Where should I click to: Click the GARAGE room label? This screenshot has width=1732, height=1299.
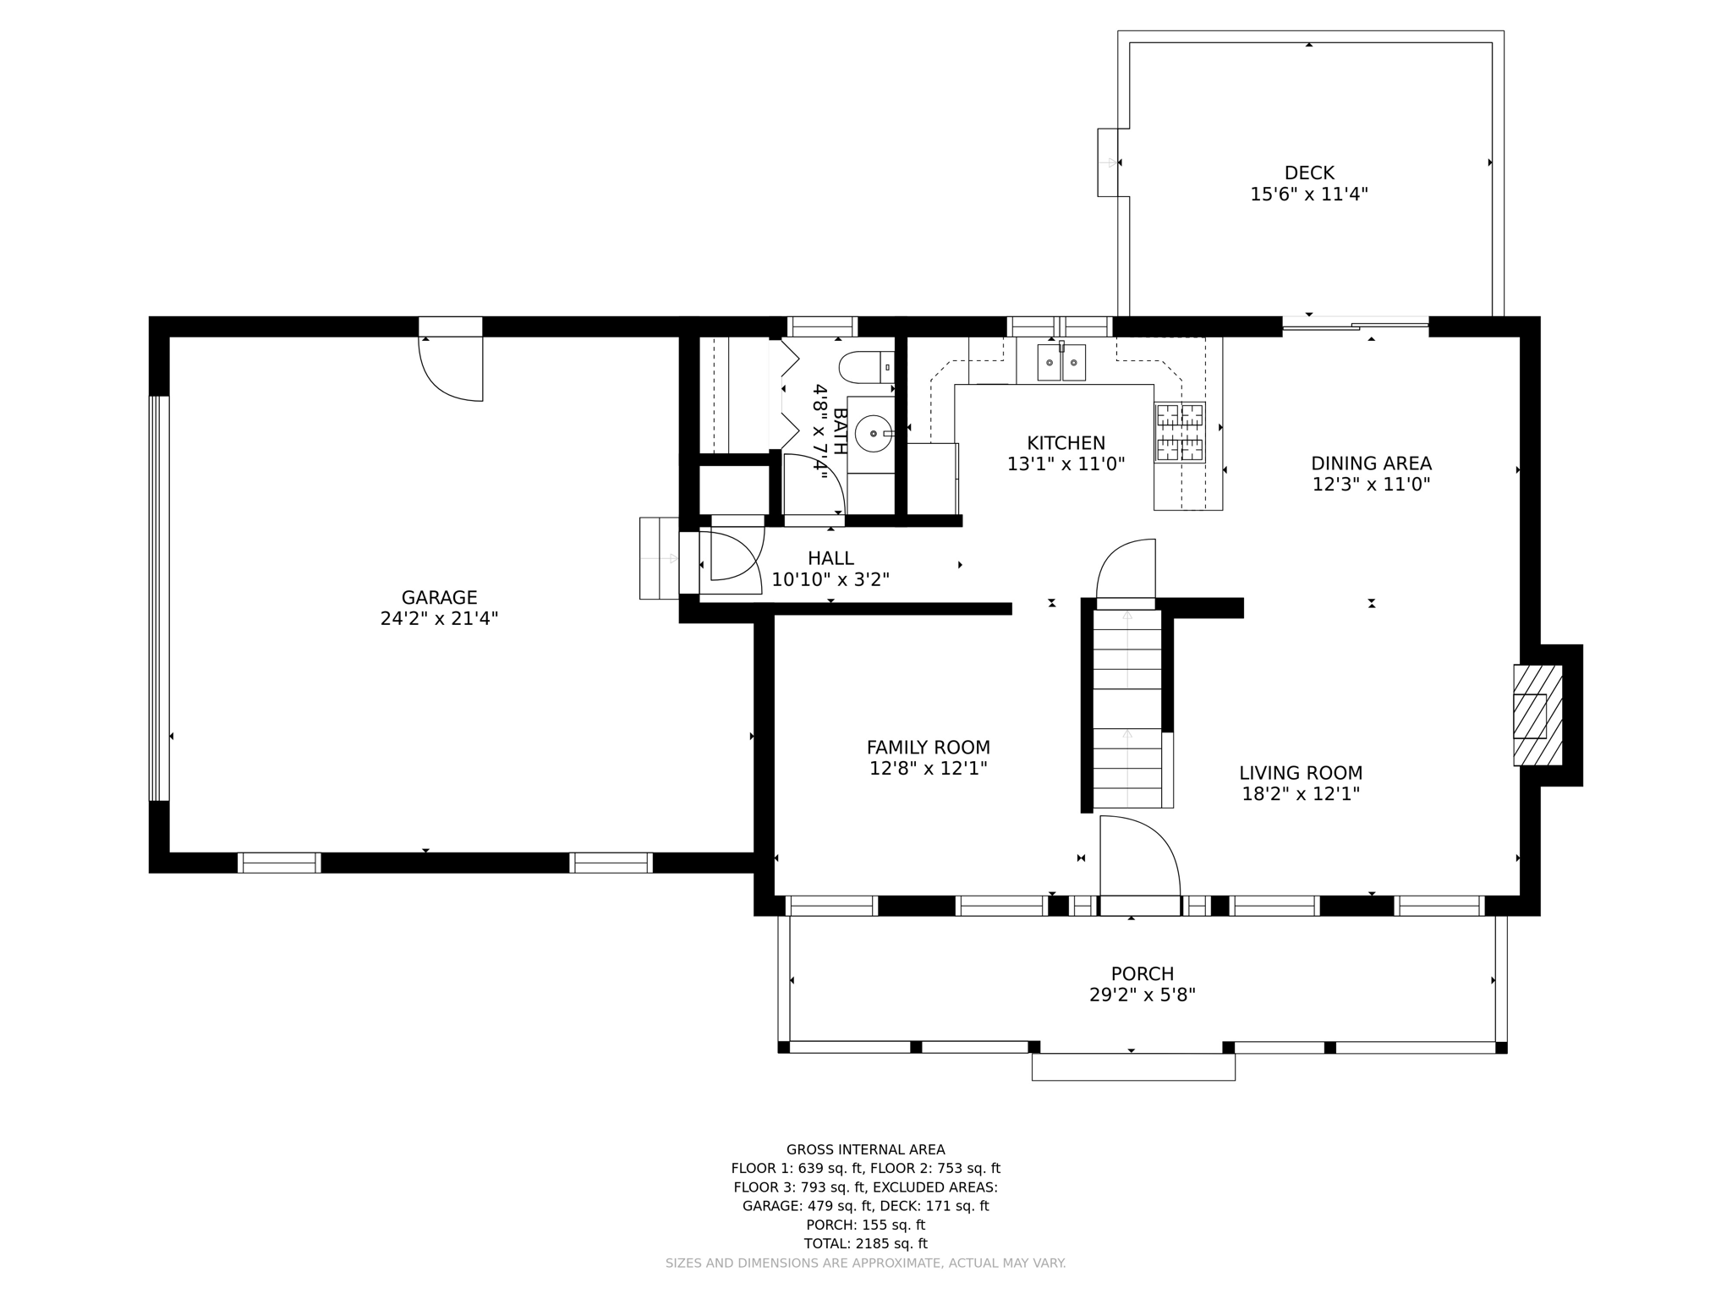[439, 597]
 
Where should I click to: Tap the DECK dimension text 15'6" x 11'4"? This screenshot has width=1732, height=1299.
[1308, 195]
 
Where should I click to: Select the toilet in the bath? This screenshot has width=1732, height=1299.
[865, 368]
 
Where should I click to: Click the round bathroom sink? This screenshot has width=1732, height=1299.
[873, 434]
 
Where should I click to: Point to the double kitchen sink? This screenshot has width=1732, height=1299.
[1061, 363]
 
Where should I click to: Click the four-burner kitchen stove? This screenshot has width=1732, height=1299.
[1180, 433]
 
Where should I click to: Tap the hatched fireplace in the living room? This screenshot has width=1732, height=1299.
[1537, 715]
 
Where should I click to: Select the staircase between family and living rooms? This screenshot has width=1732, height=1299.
[1127, 707]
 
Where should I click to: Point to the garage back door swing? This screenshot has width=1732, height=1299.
[451, 368]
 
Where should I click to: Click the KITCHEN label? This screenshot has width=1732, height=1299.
[1066, 443]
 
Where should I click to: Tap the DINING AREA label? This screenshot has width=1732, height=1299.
[1371, 463]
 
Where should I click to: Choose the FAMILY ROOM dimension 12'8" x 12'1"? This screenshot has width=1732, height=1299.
[928, 769]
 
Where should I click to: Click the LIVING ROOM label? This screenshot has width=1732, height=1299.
[1300, 773]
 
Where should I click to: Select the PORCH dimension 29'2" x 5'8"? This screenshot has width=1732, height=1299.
[1142, 995]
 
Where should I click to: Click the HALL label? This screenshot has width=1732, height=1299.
[830, 558]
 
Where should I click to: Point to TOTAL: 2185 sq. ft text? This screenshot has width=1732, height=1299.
[865, 1243]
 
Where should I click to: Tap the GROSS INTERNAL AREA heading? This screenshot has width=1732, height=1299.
[865, 1149]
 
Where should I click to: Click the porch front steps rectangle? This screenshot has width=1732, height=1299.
[1132, 1066]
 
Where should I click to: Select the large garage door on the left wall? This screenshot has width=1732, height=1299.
[159, 598]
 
